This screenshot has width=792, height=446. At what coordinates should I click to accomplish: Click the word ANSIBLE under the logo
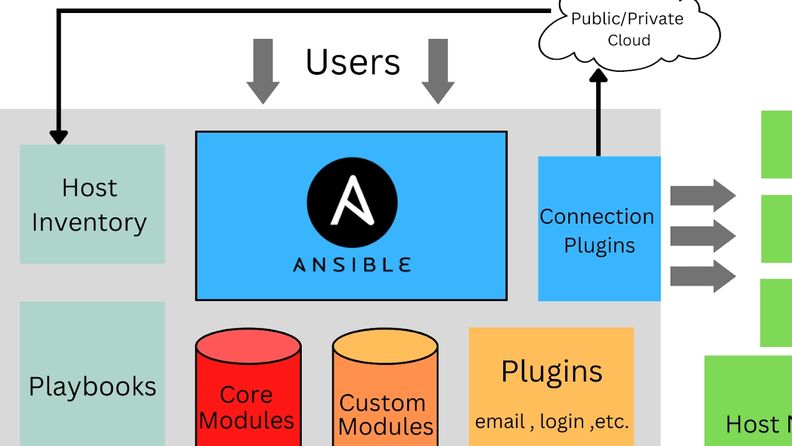coord(352,265)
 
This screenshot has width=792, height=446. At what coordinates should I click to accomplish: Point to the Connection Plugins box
coord(599,230)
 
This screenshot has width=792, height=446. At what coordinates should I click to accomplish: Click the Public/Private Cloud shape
coord(628,30)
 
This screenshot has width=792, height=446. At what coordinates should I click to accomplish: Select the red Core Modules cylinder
coord(248,390)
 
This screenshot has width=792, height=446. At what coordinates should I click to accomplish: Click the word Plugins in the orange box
coord(552,372)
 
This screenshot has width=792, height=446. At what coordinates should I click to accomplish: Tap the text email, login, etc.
coord(552,422)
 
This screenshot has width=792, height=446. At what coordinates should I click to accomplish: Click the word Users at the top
coord(353,62)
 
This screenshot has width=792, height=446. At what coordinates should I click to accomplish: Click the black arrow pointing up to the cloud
coord(598,111)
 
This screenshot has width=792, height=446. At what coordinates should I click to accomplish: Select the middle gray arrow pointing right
coord(702,236)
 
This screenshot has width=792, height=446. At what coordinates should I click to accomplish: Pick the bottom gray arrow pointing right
coord(702,276)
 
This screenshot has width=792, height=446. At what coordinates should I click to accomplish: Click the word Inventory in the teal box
coord(89,222)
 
